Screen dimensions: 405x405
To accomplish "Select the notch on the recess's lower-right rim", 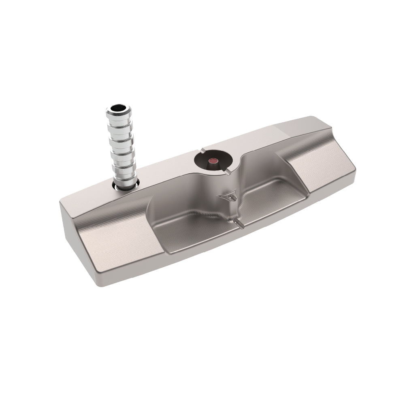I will [229, 172].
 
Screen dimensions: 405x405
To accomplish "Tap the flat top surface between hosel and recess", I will [166, 174].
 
